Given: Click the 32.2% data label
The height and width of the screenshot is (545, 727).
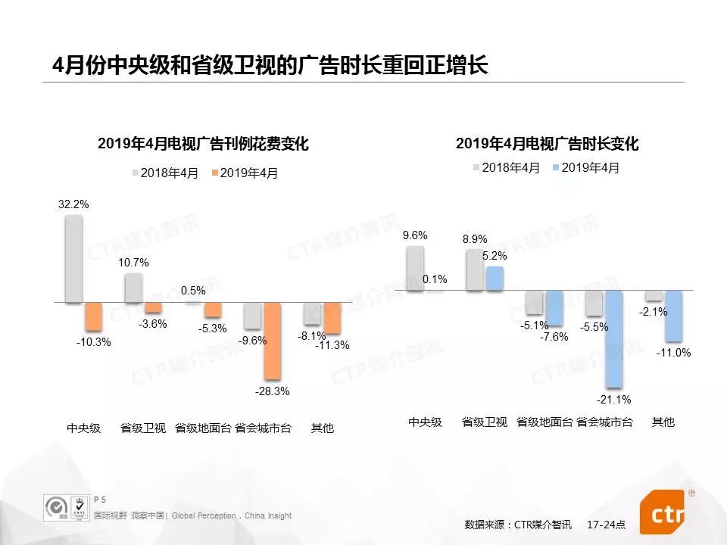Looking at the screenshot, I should [73, 204].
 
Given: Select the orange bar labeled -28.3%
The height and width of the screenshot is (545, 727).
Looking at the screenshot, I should [272, 341].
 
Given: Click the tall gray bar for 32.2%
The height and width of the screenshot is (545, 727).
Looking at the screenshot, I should [73, 259].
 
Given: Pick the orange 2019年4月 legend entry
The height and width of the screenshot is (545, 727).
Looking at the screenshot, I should [245, 173].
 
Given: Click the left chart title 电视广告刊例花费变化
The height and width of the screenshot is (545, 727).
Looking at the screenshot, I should [203, 144].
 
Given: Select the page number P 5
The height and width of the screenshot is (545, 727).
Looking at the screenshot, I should [99, 500].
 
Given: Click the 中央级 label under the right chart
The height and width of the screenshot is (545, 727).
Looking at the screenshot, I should [425, 422].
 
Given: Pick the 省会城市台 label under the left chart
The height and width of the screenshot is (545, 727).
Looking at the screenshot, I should [263, 428].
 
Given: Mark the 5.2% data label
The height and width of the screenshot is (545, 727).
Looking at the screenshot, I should [495, 256].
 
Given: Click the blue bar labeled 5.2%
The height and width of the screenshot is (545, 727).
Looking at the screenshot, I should [495, 278].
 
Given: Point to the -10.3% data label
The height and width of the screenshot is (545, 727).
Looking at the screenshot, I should [93, 341].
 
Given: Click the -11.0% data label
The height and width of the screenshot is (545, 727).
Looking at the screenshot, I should [674, 352].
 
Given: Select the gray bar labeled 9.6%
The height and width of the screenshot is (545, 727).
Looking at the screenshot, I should [415, 268].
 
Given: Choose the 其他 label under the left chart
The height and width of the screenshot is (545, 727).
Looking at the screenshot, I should [322, 428].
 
